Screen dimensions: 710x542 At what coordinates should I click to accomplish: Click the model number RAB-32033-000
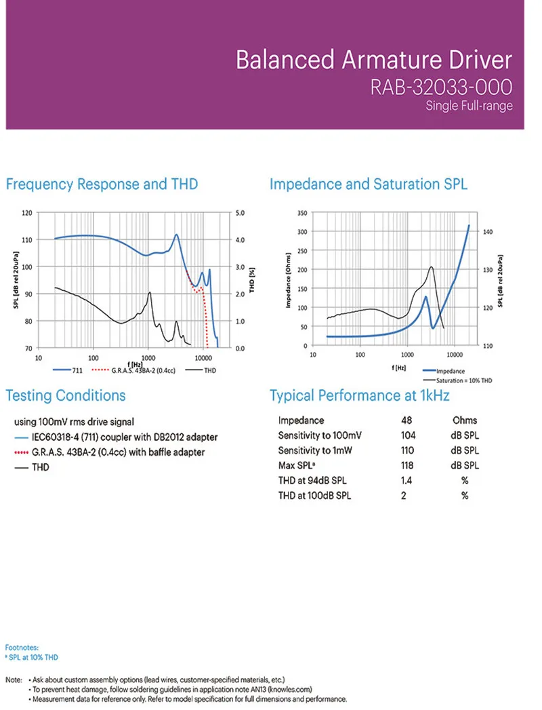(440, 87)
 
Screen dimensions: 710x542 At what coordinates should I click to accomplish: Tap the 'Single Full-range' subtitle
(469, 106)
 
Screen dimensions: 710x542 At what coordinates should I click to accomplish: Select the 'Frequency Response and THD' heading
(102, 184)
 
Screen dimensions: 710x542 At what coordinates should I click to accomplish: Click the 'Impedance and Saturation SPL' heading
(369, 184)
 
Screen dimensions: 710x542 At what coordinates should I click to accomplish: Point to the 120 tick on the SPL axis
(27, 213)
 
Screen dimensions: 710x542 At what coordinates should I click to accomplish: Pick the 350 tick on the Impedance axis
(303, 213)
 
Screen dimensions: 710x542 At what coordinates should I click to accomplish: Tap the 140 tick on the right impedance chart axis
(487, 232)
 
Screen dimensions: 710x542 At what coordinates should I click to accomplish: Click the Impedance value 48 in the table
(407, 420)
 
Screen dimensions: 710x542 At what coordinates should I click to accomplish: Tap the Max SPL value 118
(407, 465)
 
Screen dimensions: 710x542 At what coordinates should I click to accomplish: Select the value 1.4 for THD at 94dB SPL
(407, 480)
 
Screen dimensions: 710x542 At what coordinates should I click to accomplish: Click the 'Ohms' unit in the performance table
(465, 420)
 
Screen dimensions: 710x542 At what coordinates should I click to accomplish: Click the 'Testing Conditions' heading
(66, 396)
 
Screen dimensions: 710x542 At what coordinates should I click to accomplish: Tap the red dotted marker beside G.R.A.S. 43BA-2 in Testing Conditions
(20, 452)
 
